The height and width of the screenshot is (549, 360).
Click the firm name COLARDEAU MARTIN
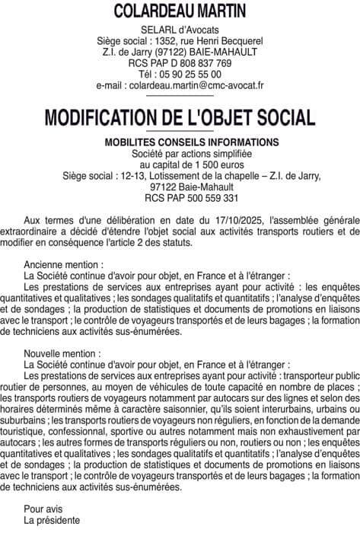point(180,11)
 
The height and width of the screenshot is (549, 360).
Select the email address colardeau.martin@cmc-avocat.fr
point(180,86)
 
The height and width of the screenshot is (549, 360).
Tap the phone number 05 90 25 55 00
point(190,75)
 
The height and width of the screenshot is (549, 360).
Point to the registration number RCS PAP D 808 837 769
point(180,63)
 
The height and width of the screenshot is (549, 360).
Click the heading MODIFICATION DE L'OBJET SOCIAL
point(180,118)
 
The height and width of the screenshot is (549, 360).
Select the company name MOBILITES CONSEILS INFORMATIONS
point(180,142)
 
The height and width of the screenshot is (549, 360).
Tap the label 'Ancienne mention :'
point(62,264)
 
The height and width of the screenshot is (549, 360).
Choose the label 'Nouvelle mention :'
point(62,353)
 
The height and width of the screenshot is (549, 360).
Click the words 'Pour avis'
point(43,509)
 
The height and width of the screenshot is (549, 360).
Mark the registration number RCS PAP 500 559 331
point(180,198)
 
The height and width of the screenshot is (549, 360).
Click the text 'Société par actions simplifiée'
point(180,153)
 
